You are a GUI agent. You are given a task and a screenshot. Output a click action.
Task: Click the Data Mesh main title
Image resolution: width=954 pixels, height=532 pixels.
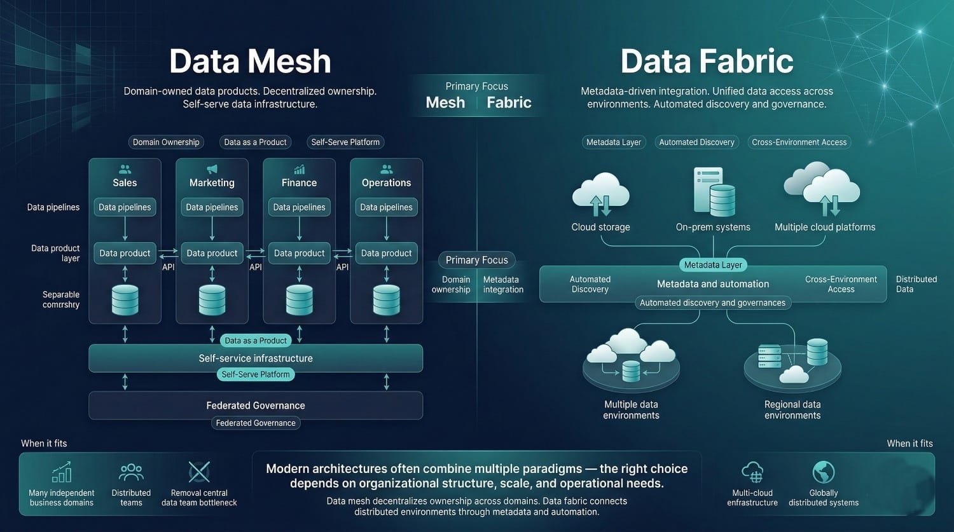tap(250, 62)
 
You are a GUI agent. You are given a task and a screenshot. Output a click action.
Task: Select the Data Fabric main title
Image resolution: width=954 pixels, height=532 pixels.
tap(707, 62)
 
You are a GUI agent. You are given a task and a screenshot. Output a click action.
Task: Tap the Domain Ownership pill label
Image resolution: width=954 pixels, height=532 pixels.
tap(166, 142)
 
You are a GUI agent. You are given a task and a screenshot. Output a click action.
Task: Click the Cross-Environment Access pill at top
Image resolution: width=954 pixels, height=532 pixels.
tap(799, 142)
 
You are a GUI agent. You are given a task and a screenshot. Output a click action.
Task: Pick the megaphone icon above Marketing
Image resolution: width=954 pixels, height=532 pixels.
tap(212, 169)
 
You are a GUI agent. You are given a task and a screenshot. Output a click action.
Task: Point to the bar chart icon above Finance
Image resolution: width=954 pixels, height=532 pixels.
tap(299, 169)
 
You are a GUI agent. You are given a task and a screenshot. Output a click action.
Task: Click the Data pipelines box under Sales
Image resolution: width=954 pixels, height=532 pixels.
tap(125, 207)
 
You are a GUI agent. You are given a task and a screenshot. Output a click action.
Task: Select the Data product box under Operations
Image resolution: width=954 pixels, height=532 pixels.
tap(386, 253)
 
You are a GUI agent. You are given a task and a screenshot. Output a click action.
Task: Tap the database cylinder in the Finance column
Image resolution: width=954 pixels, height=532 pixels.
tap(299, 300)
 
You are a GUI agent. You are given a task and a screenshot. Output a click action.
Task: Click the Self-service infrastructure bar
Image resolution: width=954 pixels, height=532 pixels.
tap(256, 358)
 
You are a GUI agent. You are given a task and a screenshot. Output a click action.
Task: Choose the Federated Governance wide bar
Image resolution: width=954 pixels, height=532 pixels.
tap(256, 406)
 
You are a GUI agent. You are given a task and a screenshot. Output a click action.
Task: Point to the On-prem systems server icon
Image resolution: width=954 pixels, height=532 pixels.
tap(714, 192)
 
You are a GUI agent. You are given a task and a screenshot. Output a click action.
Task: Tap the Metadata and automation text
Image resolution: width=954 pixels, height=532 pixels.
tap(713, 284)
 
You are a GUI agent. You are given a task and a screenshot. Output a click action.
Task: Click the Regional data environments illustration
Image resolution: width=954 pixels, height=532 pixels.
tap(792, 364)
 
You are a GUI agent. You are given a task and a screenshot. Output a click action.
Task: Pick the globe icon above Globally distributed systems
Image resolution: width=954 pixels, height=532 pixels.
tap(823, 473)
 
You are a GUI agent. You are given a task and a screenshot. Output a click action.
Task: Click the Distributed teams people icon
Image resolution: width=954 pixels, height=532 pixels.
tap(131, 472)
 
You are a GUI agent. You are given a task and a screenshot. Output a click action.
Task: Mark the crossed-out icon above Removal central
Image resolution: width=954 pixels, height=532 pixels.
tap(199, 472)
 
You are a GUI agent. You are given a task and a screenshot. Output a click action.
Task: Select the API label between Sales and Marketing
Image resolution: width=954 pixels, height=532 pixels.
tap(168, 267)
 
